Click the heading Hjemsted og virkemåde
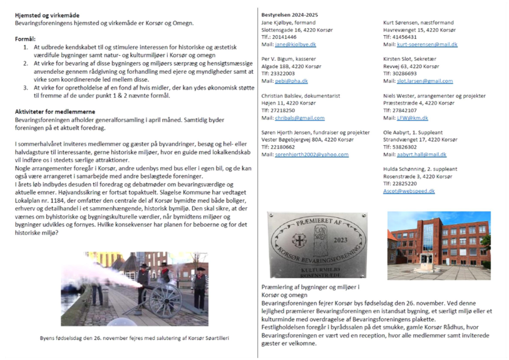click(x=47, y=14)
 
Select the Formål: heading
click(x=26, y=39)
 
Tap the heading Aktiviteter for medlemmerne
click(x=54, y=110)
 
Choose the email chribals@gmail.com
click(x=299, y=118)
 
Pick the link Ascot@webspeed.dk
click(x=408, y=191)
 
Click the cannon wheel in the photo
click(x=165, y=299)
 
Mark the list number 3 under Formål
click(x=26, y=88)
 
